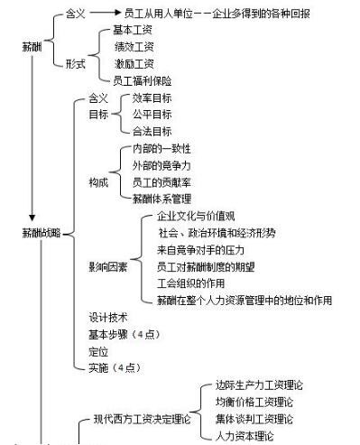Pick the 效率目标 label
pyautogui.click(x=152, y=97)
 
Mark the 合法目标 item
pyautogui.click(x=152, y=131)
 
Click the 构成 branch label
pyautogui.click(x=98, y=182)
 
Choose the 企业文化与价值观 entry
pyautogui.click(x=195, y=216)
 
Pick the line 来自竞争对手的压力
pyautogui.click(x=200, y=249)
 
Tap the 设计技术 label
pyautogui.click(x=107, y=317)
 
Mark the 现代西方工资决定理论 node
pyautogui.click(x=142, y=419)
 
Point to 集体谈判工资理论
pyautogui.click(x=260, y=418)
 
